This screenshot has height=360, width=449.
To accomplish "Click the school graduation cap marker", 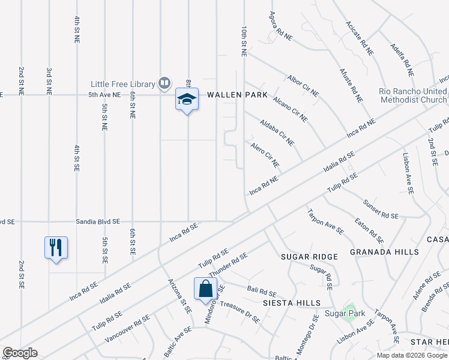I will coord(187,100).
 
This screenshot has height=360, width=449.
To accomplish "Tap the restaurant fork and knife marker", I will coord(56,247).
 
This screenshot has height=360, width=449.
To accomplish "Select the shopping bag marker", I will coord(205,289).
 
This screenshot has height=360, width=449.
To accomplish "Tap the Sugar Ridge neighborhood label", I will coord(309,257).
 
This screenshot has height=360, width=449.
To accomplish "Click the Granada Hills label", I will coord(384,252).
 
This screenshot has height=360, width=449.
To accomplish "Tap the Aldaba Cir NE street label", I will coord(277,133).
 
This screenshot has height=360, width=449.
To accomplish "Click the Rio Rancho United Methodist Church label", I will coord(413,95).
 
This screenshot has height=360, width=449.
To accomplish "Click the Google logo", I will coord(20,353).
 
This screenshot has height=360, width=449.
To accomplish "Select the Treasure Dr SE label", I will coord(240,313).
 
